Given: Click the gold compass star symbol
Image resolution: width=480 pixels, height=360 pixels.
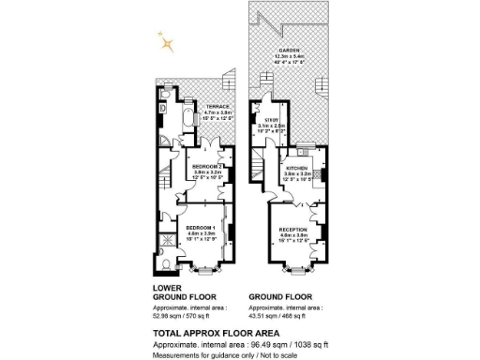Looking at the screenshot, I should [167, 40].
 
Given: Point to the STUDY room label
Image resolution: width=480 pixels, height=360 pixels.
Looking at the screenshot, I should [272, 120].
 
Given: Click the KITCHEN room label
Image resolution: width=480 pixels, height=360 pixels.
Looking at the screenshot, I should [298, 167].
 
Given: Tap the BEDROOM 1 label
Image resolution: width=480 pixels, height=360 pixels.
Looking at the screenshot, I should [201, 229].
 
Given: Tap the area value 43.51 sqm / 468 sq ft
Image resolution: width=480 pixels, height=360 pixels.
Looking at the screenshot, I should [281, 317].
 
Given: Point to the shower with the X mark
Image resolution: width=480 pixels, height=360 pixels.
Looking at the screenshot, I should [165, 251].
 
